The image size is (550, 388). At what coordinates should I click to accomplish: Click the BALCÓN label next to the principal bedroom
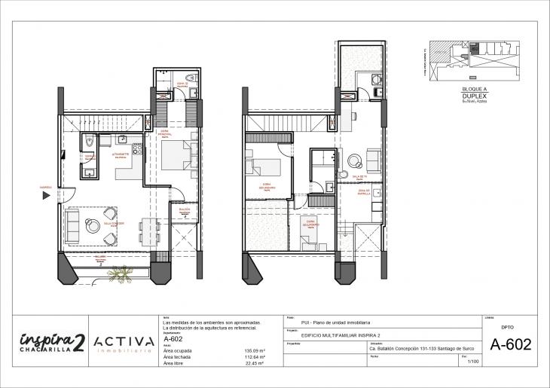pyautogui.click(x=184, y=209)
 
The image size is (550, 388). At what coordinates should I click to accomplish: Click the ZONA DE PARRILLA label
pyautogui.click(x=363, y=191)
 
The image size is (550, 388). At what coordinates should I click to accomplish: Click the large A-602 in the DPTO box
pyautogui.click(x=511, y=345)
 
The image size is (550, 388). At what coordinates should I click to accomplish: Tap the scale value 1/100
pyautogui.click(x=472, y=362)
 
